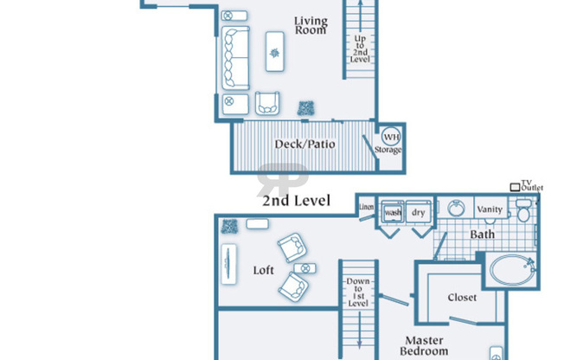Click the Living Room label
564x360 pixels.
(310, 25)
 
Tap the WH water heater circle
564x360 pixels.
(391, 137)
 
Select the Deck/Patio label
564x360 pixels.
(304, 144)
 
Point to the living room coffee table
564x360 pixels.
(276, 54)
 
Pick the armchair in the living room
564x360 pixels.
(267, 103)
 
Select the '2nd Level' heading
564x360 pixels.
(297, 201)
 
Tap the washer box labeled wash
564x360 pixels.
(393, 212)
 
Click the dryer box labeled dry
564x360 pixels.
(419, 212)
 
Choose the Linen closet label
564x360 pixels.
(366, 206)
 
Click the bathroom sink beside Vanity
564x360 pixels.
(455, 209)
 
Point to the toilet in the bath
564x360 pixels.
(522, 213)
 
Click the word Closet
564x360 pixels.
(462, 297)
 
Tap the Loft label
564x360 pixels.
(264, 270)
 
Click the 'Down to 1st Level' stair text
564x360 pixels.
(357, 292)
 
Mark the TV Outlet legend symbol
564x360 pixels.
(516, 187)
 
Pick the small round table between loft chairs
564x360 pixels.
(301, 268)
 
